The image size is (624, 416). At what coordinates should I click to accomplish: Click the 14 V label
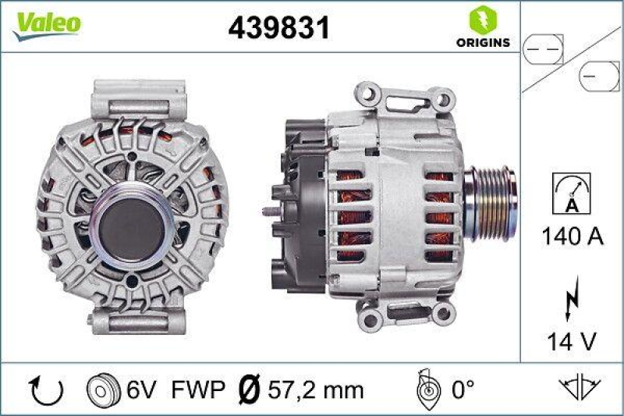[572, 341]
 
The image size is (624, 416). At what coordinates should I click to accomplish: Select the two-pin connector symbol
[543, 49]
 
